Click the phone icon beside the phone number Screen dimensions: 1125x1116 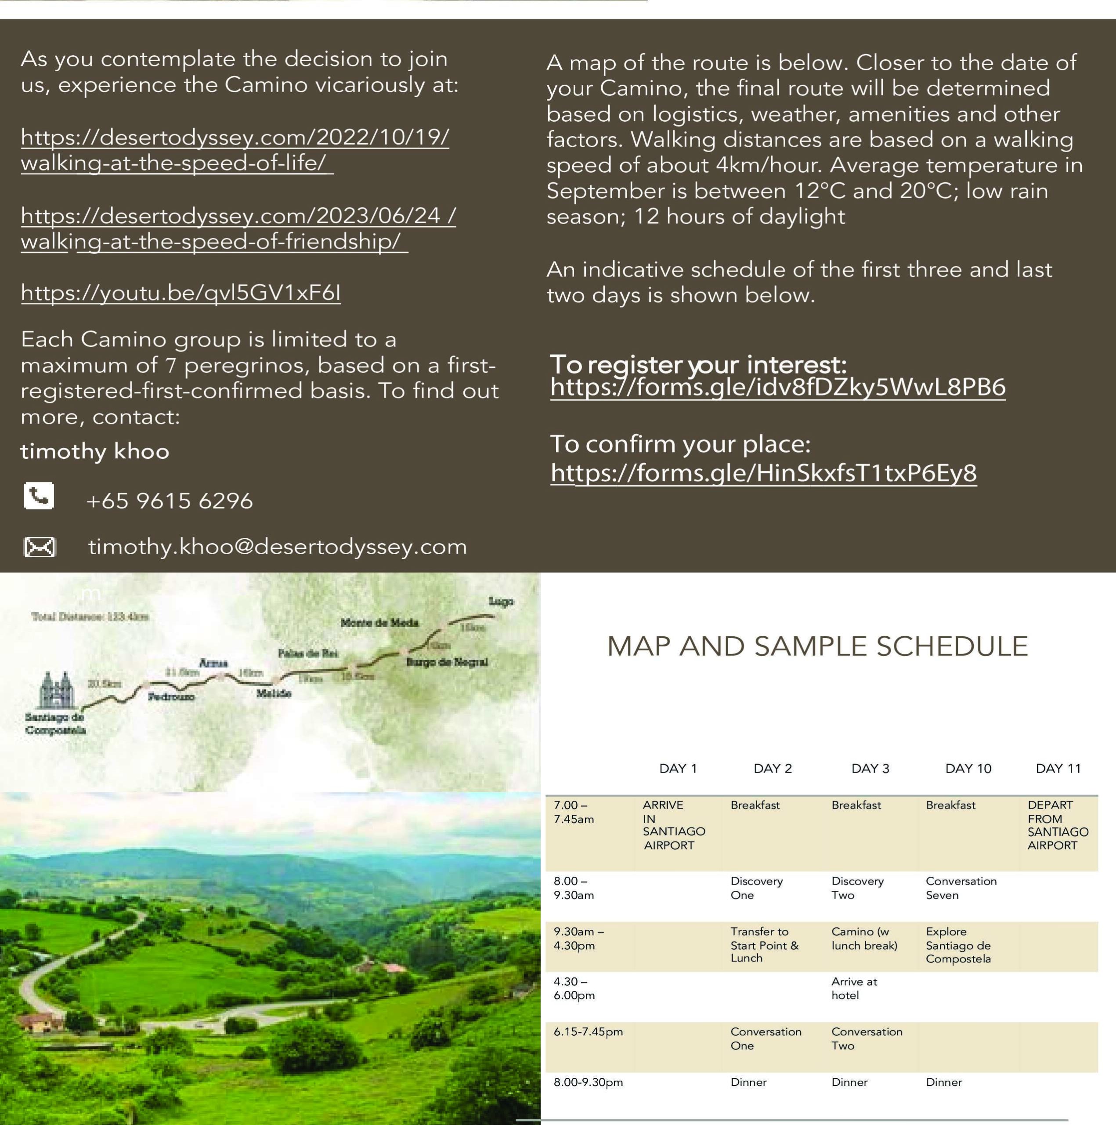(39, 496)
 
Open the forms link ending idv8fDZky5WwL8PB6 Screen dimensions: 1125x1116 (777, 387)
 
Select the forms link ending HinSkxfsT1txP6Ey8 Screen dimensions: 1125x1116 (763, 473)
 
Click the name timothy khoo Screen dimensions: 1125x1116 (95, 451)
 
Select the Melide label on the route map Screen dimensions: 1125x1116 (274, 693)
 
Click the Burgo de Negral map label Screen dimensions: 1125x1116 (446, 662)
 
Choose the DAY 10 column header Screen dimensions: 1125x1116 (968, 769)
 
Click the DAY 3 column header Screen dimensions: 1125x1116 (870, 769)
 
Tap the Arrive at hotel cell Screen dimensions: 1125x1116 (854, 988)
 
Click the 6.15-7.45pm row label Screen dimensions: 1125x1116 (588, 1032)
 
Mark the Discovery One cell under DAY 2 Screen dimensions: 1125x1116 (756, 888)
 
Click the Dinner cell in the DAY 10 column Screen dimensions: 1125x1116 (943, 1082)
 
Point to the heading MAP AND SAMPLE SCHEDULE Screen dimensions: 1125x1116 (817, 646)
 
